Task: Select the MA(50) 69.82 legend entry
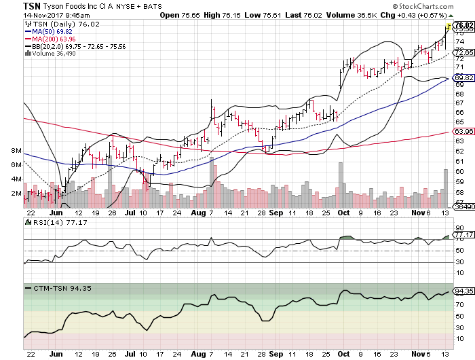coord(47,31)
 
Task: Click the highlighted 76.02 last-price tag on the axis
coord(463,26)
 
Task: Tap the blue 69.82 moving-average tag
coord(463,78)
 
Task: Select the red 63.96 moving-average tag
coord(463,131)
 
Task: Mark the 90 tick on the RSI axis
coord(459,228)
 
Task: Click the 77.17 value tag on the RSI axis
coord(463,235)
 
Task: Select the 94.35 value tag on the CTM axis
coord(463,291)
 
